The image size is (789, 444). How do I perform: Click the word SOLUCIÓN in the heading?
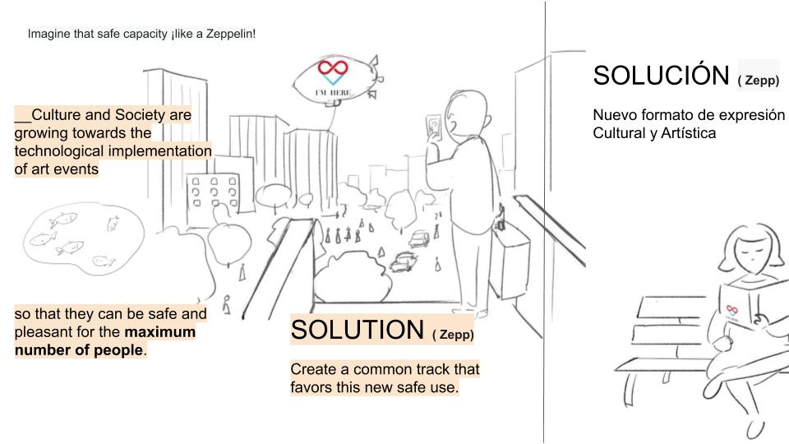(x=662, y=76)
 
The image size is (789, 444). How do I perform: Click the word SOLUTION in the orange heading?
(x=357, y=330)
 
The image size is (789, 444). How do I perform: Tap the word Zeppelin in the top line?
(x=229, y=34)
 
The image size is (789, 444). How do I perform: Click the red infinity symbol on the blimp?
(x=333, y=69)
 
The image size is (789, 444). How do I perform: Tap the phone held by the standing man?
(x=433, y=127)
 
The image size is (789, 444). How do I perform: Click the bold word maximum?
(x=160, y=332)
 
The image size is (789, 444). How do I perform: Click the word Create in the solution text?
(x=313, y=368)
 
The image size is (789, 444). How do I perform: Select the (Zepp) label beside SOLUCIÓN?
(x=758, y=81)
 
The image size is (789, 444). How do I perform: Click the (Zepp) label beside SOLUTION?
(x=453, y=335)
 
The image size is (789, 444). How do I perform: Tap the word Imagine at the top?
(x=48, y=34)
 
